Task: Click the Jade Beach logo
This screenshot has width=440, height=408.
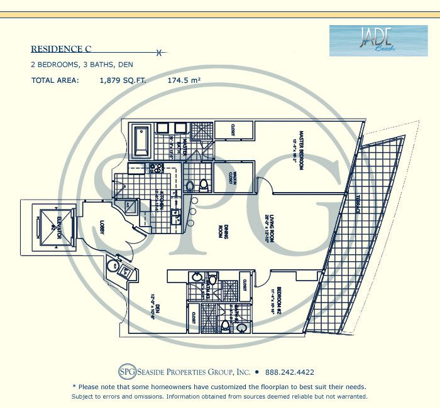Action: [x=370, y=41]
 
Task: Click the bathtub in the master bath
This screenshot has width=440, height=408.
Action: [x=140, y=142]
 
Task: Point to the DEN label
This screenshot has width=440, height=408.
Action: [x=157, y=308]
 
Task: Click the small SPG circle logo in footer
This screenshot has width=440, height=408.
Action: [x=126, y=371]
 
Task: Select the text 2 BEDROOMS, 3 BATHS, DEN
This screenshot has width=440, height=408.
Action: [x=82, y=65]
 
